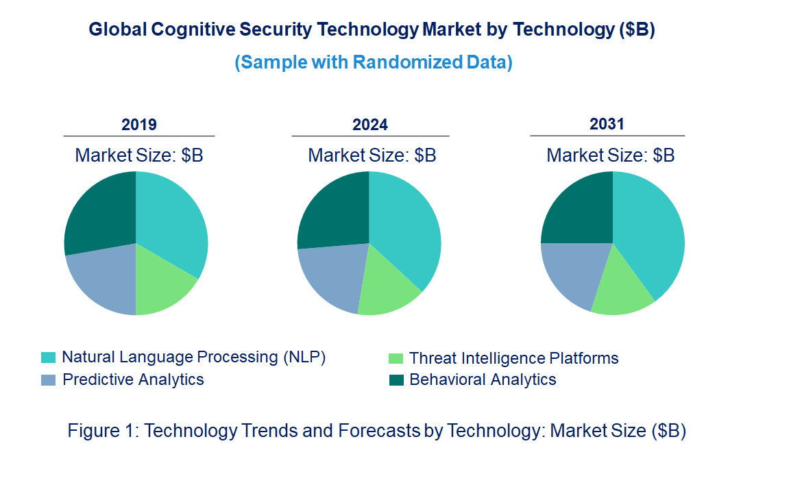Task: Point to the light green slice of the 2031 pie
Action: point(620,288)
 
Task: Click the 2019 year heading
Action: point(139,125)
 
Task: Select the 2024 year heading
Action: point(370,125)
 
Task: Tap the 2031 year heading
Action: point(607,124)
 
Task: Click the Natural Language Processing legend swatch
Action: point(48,358)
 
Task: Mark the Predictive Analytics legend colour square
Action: point(48,380)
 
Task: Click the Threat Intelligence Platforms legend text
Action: point(513,358)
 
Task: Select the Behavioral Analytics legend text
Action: point(483,379)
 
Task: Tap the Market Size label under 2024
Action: point(372,155)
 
